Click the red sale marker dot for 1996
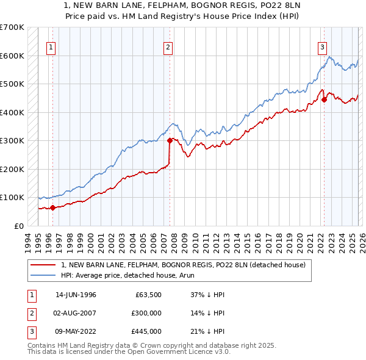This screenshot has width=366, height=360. [52, 207]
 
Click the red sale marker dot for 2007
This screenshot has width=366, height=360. [169, 140]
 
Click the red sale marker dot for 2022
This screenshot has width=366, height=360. [324, 99]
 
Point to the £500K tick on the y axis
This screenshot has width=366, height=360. [12, 84]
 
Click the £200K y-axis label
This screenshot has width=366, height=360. [12, 169]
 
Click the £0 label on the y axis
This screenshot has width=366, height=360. [18, 226]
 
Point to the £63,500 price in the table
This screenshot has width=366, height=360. [147, 295]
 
